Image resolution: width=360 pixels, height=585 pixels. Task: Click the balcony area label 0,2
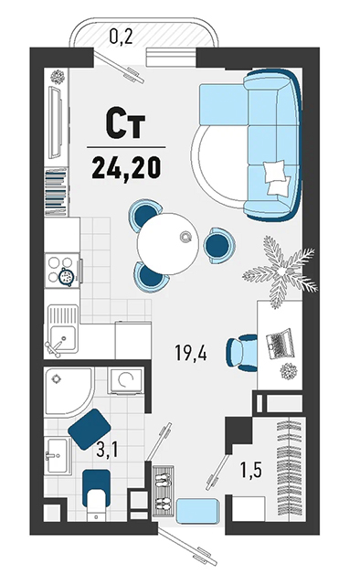(x=121, y=37)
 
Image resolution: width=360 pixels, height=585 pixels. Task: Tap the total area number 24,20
(x=126, y=167)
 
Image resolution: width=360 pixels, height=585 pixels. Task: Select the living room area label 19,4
(x=191, y=353)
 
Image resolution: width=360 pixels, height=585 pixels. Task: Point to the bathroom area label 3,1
(x=107, y=449)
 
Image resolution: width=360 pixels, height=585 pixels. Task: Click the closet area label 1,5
(x=251, y=470)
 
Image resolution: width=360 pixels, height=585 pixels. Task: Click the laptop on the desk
(x=281, y=344)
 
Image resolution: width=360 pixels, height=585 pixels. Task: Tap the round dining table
(x=167, y=244)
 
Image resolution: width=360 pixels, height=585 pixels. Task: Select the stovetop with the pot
(x=63, y=271)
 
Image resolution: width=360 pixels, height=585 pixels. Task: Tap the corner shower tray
(x=69, y=390)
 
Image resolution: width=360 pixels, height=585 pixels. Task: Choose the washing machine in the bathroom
(x=126, y=380)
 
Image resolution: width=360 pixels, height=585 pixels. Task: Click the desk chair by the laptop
(x=242, y=353)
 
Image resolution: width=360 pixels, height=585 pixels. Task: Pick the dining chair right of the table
(x=219, y=245)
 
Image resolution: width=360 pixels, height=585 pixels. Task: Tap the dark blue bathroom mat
(x=90, y=429)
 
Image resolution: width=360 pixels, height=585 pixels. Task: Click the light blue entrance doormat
(x=197, y=509)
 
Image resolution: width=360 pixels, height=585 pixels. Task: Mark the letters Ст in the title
(x=126, y=122)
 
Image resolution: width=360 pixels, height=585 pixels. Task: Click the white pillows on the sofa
(x=278, y=177)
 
